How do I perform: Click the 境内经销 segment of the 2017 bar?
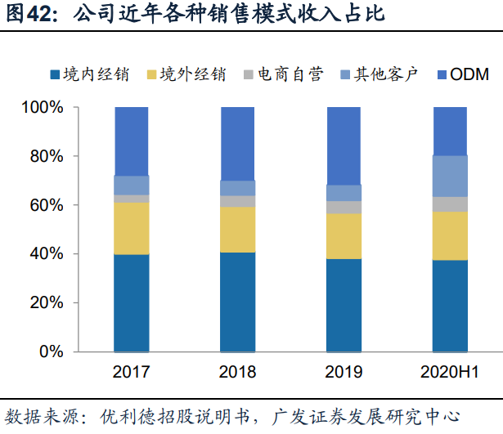click(131, 302)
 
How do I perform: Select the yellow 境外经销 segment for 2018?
click(237, 230)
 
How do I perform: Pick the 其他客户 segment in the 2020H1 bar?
click(449, 176)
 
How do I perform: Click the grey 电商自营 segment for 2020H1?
click(449, 204)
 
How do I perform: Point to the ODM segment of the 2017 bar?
click(131, 141)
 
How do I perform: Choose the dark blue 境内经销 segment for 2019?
click(344, 305)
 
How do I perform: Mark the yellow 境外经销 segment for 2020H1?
click(449, 235)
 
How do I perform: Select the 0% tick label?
click(51, 351)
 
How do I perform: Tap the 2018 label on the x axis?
click(237, 373)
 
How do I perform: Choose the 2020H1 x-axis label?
click(449, 373)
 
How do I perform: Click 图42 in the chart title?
click(29, 14)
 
